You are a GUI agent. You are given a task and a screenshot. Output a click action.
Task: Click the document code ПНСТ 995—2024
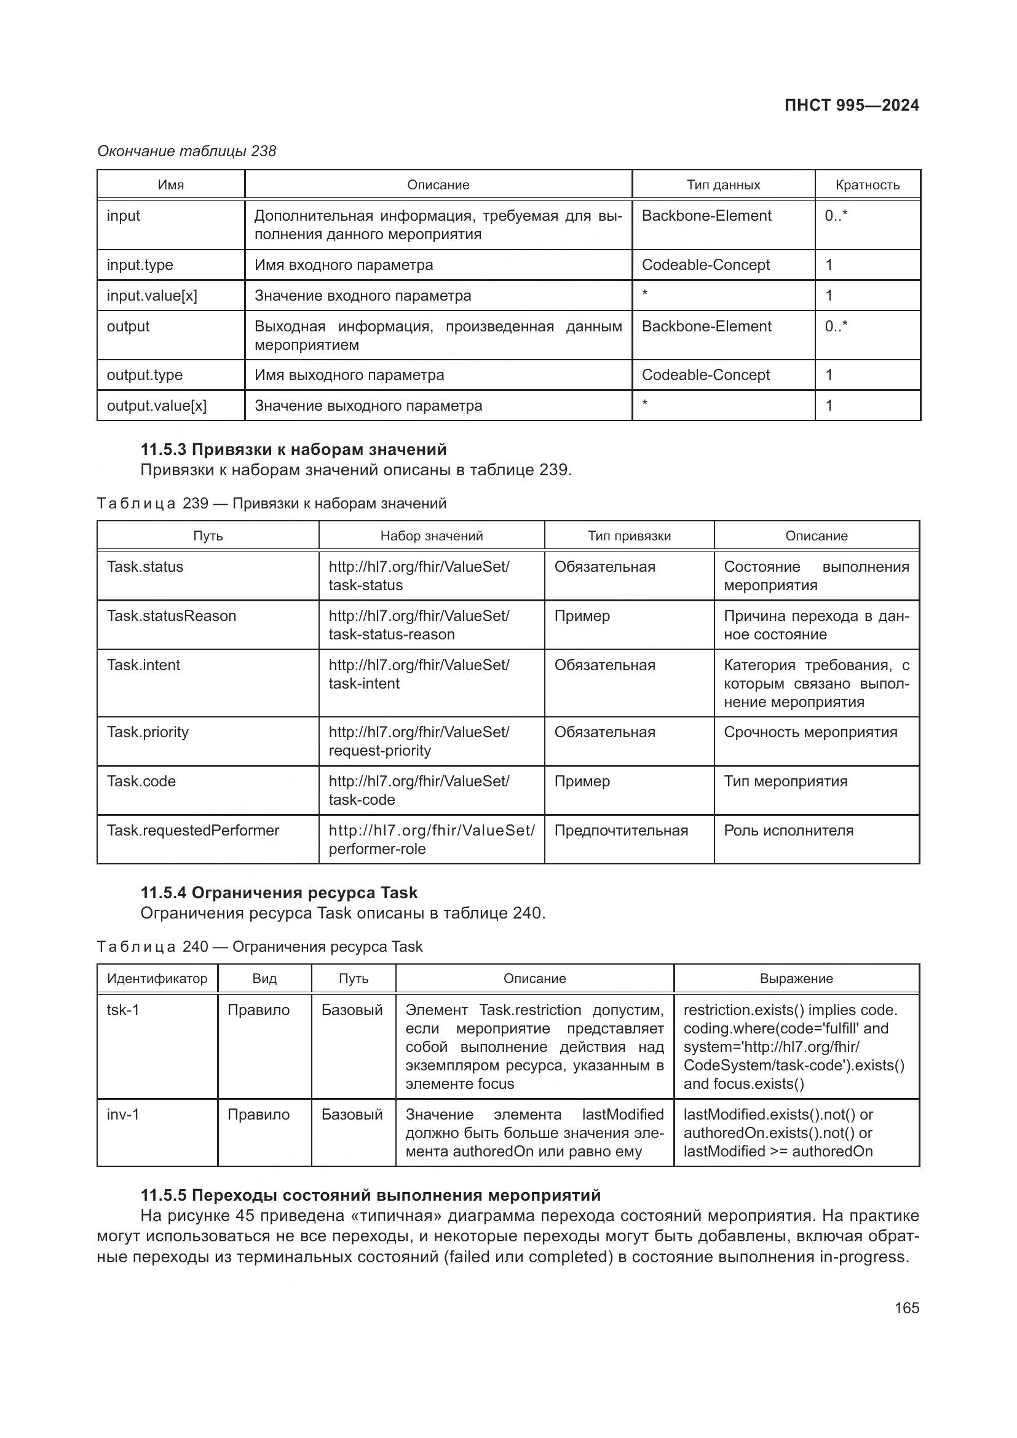[x=851, y=105]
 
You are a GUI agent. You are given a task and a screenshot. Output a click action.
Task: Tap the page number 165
[x=906, y=1308]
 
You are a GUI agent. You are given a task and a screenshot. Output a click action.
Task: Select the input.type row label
[x=140, y=265]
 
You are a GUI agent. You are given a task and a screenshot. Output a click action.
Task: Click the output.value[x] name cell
[x=157, y=406]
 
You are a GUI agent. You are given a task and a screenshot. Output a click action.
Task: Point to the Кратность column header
[x=867, y=185]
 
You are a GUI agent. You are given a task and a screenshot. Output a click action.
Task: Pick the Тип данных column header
[x=722, y=185]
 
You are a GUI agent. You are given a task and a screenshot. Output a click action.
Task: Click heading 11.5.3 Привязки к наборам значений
[x=293, y=449]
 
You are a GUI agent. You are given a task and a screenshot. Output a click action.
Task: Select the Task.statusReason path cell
[x=172, y=616]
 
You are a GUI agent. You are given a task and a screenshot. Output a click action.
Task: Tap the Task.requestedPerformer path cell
[x=193, y=831]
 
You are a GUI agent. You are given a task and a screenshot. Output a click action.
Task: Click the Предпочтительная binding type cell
[x=620, y=831]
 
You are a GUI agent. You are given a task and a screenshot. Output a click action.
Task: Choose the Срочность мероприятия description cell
[x=810, y=732]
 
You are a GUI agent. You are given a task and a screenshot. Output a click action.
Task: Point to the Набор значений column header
[x=432, y=536]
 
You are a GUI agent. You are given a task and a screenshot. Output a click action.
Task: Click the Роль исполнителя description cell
[x=788, y=831]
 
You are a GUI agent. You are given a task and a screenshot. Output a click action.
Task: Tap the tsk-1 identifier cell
[x=123, y=1010]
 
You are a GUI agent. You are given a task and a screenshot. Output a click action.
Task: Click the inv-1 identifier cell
[x=123, y=1115]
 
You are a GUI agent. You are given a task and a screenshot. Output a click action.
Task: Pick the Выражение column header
[x=796, y=979]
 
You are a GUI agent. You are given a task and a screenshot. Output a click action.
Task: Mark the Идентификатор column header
[x=157, y=979]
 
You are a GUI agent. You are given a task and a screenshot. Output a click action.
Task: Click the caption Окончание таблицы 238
[x=187, y=152]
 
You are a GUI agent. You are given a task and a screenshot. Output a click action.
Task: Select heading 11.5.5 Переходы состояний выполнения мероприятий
[x=370, y=1196]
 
